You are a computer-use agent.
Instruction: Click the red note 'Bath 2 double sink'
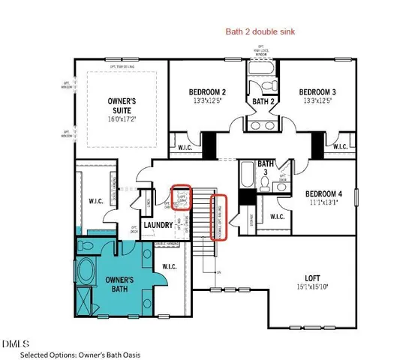tap(262, 32)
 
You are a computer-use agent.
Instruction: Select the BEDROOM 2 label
tap(207, 92)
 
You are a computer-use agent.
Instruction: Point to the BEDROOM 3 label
tap(317, 92)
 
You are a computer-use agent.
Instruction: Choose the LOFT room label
tap(314, 277)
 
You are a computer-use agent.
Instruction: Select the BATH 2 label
tap(262, 100)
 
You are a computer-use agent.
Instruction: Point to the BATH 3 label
tap(266, 166)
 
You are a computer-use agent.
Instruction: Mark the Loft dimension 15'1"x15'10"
tap(314, 286)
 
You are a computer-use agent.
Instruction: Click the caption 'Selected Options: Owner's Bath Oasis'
tap(80, 354)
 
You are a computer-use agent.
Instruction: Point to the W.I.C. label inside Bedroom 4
tap(277, 217)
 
